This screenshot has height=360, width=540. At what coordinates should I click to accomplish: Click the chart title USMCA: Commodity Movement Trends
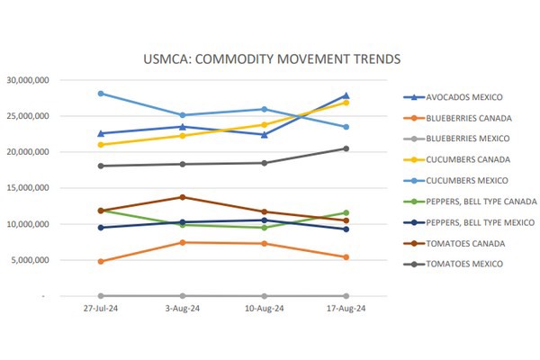tap(271, 59)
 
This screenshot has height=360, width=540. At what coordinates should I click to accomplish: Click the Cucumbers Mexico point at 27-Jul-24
tap(101, 94)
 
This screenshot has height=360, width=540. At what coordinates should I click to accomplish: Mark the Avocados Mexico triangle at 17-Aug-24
tap(346, 95)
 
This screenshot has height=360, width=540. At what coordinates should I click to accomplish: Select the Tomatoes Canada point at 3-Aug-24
tap(183, 197)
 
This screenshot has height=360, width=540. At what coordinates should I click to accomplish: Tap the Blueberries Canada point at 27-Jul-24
tap(101, 261)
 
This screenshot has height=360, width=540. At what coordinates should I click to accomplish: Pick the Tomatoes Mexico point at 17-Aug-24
tap(346, 148)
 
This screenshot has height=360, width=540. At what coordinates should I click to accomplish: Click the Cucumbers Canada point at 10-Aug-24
tap(264, 124)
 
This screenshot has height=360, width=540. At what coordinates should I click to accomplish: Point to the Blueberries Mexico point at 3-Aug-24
tap(183, 295)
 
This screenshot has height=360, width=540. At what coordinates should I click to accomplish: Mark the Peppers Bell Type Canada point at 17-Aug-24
tap(346, 213)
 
